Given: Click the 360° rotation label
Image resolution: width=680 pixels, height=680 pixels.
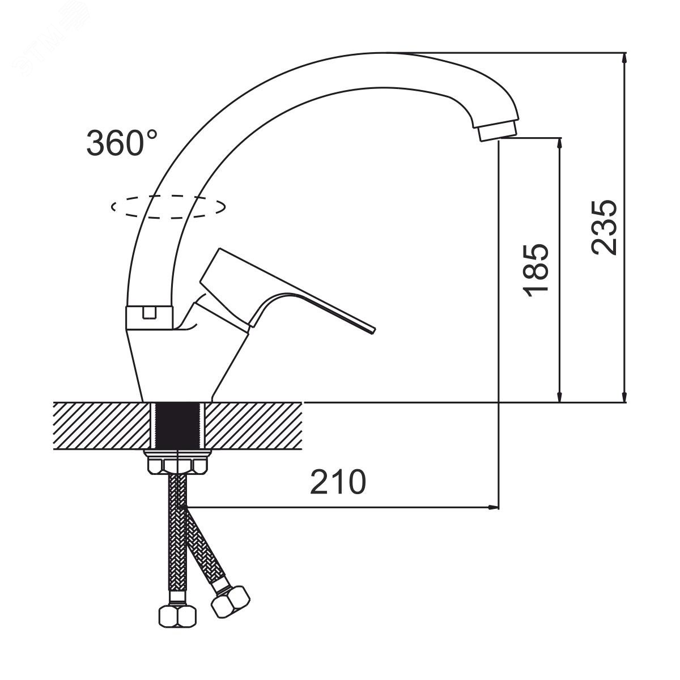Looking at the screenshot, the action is tap(122, 142).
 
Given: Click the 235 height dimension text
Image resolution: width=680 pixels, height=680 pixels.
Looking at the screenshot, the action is tap(603, 228).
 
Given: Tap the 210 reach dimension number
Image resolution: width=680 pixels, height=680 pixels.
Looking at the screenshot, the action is tap(338, 481).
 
